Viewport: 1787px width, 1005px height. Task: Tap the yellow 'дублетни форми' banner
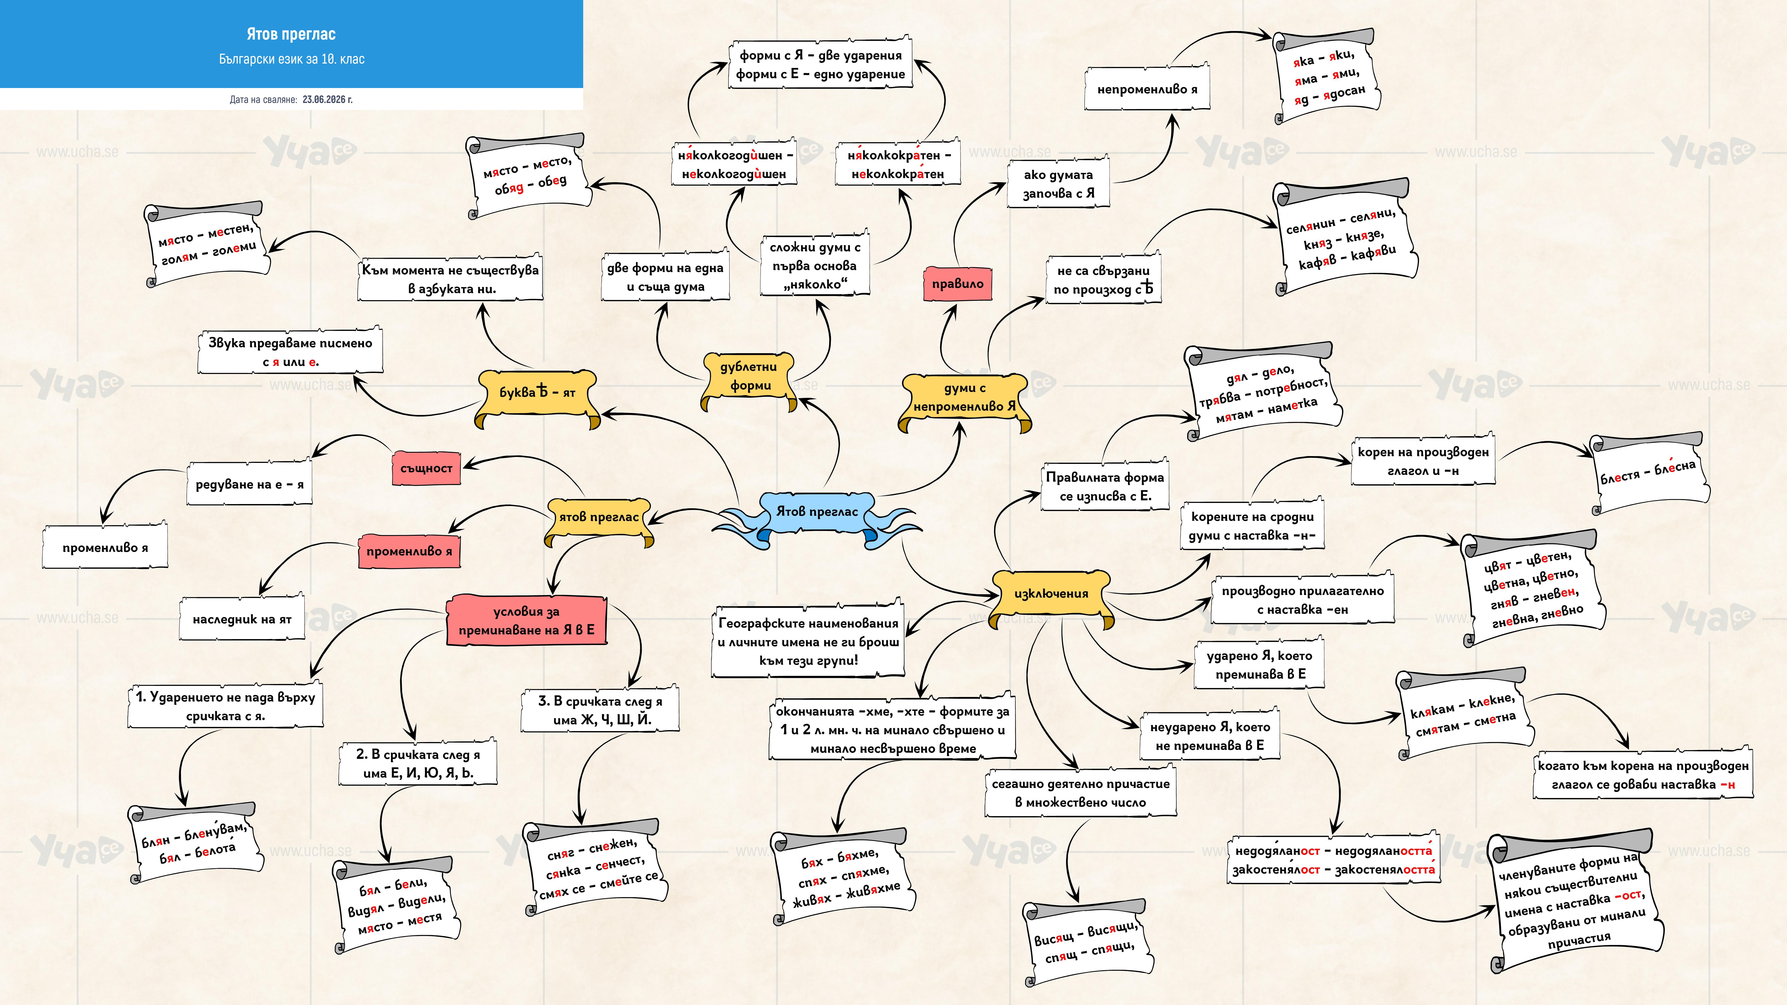tap(749, 378)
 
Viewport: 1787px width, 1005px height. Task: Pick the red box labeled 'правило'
tap(957, 284)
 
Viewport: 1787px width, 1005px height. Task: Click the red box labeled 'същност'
tap(426, 468)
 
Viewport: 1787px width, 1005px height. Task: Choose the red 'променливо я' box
tap(409, 551)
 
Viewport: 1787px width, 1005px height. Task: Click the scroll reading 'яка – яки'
tap(1326, 76)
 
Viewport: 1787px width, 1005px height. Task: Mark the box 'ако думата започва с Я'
tap(1059, 184)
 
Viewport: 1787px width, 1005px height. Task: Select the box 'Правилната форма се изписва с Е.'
tap(1105, 486)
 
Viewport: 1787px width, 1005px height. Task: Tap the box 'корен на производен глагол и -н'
tap(1423, 461)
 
